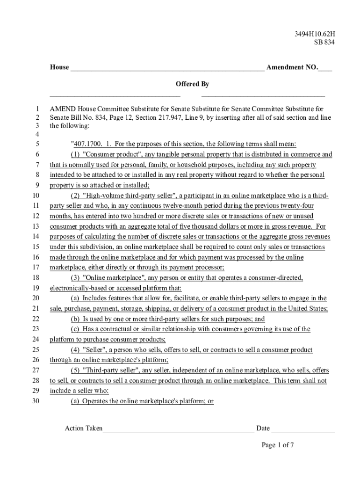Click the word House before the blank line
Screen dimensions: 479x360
coord(59,67)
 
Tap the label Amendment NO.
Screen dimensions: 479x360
coord(292,67)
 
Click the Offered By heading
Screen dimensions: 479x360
coord(192,84)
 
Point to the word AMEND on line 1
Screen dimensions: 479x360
coord(63,109)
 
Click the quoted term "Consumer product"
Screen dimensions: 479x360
coord(108,154)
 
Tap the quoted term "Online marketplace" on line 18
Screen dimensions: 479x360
coord(112,278)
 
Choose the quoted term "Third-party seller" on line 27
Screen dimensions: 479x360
coord(111,370)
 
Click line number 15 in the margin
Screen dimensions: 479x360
coord(36,247)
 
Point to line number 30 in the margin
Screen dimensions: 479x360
coord(36,401)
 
